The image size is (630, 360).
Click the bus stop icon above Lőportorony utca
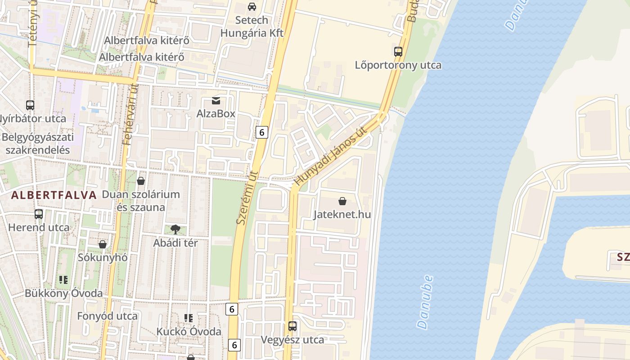click(398, 51)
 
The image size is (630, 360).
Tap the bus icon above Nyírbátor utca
click(30, 105)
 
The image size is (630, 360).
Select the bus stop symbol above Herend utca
click(39, 214)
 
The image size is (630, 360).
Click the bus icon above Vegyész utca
click(292, 326)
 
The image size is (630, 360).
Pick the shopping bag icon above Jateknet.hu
click(342, 201)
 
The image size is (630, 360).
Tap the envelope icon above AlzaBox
click(216, 100)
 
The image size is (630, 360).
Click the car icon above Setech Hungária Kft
click(252, 7)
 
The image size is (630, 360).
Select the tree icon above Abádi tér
click(175, 229)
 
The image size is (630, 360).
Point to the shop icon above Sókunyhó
click(103, 244)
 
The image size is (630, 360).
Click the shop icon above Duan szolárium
click(141, 181)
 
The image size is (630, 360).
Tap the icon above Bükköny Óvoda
click(63, 280)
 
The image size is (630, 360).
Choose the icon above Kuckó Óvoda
click(189, 318)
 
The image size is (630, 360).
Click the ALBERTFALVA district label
click(54, 195)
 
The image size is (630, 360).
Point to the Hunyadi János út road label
click(330, 156)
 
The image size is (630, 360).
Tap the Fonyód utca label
click(107, 316)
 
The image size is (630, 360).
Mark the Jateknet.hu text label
click(342, 214)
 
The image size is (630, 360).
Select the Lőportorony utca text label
click(398, 65)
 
